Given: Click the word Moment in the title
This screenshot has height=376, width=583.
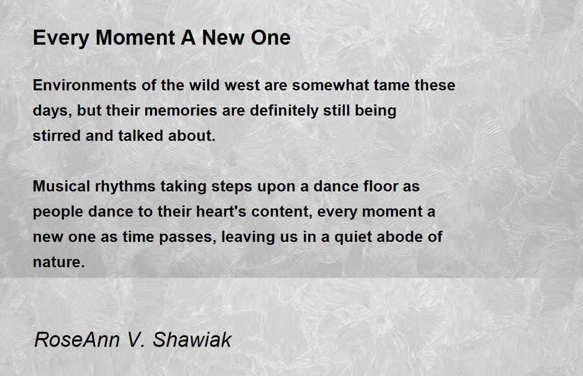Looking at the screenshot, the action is click(136, 38).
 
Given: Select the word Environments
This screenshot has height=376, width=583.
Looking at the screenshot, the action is click(85, 85).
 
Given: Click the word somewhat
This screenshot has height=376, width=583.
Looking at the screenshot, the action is click(330, 85).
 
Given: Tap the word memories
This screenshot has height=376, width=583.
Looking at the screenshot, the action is click(181, 110).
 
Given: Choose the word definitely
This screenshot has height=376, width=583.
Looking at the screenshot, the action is click(284, 111).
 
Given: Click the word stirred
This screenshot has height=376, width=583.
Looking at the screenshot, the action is click(57, 136).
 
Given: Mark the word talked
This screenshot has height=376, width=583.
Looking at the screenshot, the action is click(140, 136).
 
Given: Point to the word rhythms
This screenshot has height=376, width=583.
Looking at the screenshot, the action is click(125, 187).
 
